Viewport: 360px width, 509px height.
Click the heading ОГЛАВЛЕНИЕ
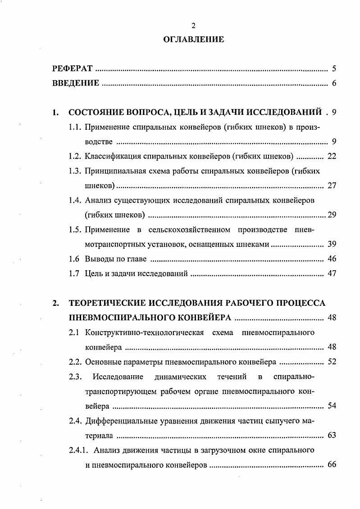click(x=193, y=40)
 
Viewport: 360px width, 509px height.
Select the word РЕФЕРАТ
click(x=72, y=69)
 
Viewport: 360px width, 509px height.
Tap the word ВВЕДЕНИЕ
click(x=75, y=83)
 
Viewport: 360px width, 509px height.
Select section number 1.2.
click(x=75, y=156)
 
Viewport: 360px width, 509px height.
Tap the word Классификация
click(x=109, y=156)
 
